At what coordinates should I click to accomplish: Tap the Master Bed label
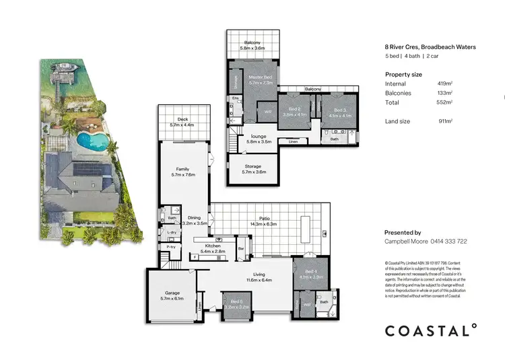[260, 77]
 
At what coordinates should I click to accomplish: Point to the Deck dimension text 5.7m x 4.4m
[182, 125]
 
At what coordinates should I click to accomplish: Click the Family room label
[182, 169]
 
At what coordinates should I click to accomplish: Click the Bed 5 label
[236, 301]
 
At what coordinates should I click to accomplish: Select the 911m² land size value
[444, 120]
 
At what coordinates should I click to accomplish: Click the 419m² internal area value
[444, 84]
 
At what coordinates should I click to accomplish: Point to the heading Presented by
[403, 232]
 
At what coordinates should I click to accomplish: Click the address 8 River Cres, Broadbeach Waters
[430, 47]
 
